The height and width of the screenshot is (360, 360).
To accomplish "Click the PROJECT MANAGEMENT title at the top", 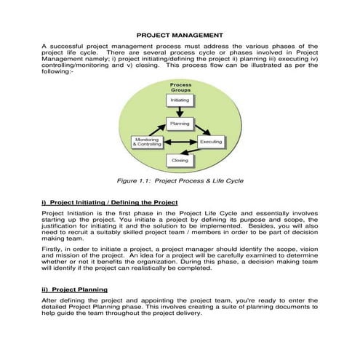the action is (180, 34).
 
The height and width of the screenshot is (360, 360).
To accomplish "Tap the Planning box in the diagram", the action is (180, 124).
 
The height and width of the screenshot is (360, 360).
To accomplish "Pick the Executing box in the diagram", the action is (211, 142).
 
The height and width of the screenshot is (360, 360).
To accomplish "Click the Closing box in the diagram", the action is (179, 159).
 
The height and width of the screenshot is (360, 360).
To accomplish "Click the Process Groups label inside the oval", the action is (180, 86).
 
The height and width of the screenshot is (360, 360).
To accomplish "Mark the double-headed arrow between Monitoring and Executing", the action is (180, 143).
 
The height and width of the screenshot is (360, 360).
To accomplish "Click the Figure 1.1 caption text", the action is (180, 179).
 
